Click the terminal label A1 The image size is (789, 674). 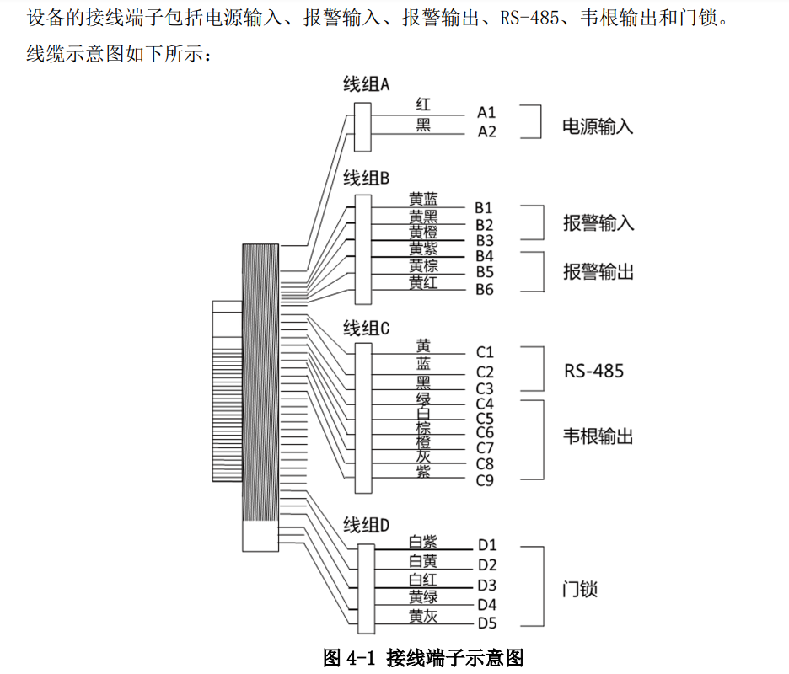click(x=486, y=112)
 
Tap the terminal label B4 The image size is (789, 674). click(x=485, y=256)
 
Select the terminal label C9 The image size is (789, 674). click(x=485, y=480)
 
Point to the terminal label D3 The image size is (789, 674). click(x=486, y=585)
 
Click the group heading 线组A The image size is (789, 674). click(x=367, y=84)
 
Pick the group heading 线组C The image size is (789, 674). click(x=367, y=329)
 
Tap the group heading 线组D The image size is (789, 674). click(x=367, y=525)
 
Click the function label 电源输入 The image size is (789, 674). click(x=598, y=126)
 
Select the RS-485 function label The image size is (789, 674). click(x=593, y=372)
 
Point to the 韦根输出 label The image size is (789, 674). click(x=598, y=436)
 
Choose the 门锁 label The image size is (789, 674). click(x=580, y=589)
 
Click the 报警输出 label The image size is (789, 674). click(x=598, y=271)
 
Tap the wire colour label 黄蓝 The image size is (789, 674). click(x=423, y=199)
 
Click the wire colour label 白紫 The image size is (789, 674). click(x=423, y=542)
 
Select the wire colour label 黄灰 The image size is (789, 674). click(x=423, y=616)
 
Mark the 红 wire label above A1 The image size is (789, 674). click(x=423, y=104)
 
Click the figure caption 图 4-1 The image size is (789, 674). click(x=349, y=658)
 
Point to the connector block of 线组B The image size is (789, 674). click(x=363, y=249)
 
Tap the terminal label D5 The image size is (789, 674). click(x=486, y=623)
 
